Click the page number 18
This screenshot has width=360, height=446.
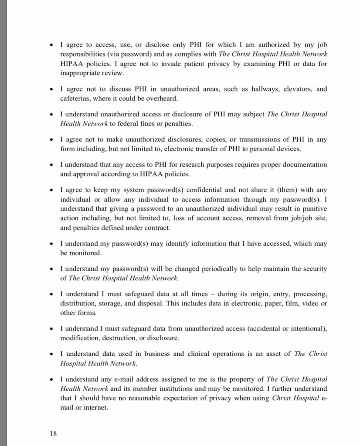tap(53, 433)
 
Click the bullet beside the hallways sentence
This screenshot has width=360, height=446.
tap(52, 89)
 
